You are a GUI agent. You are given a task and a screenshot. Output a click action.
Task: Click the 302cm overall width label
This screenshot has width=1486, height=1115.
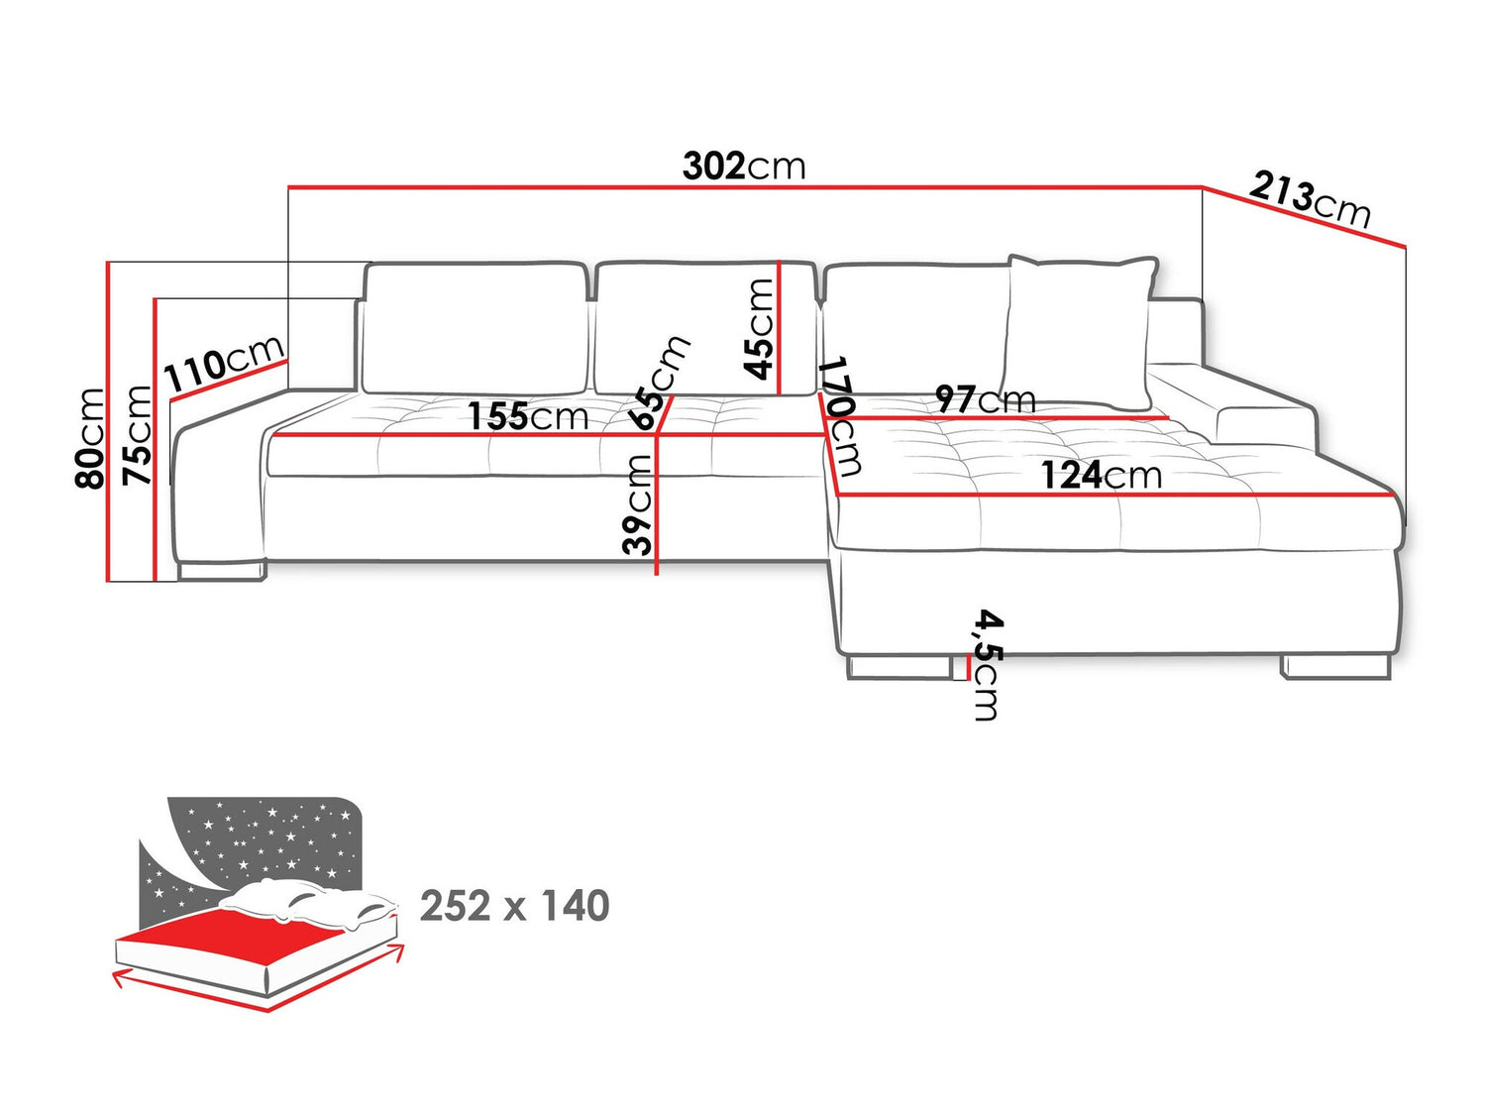coord(744,166)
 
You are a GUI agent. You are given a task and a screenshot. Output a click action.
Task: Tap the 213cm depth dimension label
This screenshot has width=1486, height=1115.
coord(1310,199)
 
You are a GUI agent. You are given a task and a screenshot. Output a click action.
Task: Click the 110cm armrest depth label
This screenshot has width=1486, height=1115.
coord(225,364)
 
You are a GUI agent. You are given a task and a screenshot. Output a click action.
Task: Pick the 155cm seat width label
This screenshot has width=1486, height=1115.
coord(528,416)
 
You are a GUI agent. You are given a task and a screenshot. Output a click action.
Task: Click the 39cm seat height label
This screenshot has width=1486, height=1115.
coord(639,504)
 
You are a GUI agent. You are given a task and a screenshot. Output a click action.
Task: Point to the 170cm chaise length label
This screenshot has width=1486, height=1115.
coord(841,415)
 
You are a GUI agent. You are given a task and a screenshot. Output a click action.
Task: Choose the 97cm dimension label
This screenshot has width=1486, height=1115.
coord(986,399)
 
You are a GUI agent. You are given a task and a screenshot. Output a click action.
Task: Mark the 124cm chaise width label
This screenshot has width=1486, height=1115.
coord(1101,476)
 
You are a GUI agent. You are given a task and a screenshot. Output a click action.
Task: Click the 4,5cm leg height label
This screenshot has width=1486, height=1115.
coord(987,664)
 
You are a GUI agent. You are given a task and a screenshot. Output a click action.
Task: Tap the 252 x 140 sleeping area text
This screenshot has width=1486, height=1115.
coord(514,906)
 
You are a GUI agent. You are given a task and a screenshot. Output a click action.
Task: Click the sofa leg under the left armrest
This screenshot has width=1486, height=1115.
coord(222,570)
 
